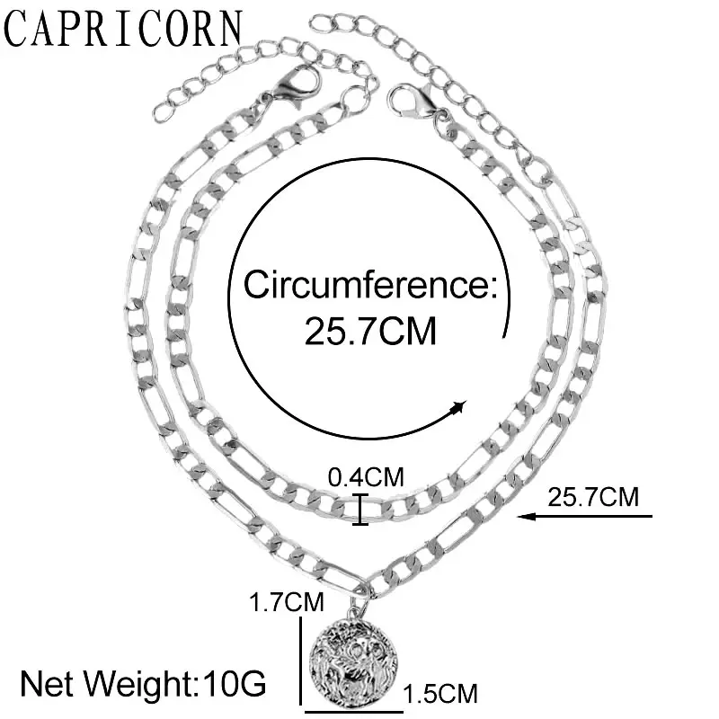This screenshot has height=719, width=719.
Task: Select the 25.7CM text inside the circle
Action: tap(370, 332)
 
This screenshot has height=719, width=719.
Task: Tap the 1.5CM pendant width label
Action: tap(439, 694)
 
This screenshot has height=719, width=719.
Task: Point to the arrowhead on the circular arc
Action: tap(459, 410)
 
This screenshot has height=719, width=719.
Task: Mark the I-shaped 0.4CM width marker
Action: tap(360, 510)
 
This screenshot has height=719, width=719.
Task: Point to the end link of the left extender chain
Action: tap(161, 112)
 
